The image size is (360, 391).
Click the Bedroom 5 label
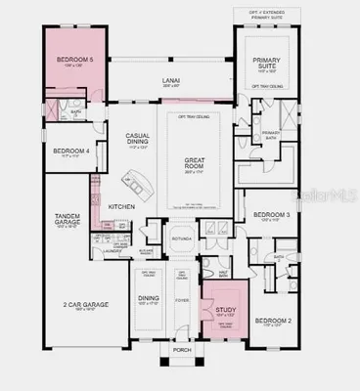point(74,61)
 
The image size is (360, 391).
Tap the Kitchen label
point(121,206)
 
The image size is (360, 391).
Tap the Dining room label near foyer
point(149,299)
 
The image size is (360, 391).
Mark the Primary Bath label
point(271,133)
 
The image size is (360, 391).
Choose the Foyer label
point(182,301)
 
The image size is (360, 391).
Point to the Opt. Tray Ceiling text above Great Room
point(186,116)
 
